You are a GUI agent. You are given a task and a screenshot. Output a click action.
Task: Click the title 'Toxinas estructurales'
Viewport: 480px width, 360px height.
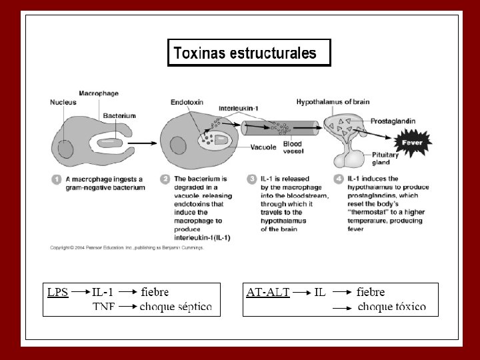point(245,53)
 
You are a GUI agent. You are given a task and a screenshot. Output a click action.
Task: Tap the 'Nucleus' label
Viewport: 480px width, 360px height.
point(63,103)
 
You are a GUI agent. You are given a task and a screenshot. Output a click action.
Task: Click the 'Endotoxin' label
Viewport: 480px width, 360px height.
point(187,103)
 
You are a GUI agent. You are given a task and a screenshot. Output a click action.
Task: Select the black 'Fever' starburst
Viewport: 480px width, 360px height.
point(413,142)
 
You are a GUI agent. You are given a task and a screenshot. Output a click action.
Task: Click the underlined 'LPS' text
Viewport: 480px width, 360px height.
point(57,292)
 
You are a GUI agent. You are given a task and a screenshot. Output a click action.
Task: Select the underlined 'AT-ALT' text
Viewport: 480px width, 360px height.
point(267,292)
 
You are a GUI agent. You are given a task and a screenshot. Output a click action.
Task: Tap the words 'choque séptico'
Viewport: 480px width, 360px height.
point(175,307)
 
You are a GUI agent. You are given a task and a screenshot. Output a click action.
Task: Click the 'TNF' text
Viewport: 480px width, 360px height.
point(103,307)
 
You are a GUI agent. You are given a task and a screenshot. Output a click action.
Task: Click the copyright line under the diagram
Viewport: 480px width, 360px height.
point(127,247)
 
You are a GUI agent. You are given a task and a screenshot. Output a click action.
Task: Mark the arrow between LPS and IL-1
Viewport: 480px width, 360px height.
point(80,292)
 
